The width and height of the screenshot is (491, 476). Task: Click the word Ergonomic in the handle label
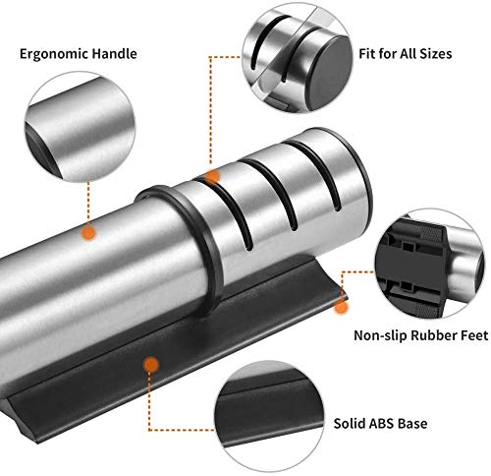click(x=53, y=54)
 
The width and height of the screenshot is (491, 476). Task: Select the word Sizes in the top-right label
click(x=435, y=53)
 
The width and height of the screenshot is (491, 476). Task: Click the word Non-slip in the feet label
click(x=380, y=335)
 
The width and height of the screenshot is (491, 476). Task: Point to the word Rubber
click(x=432, y=335)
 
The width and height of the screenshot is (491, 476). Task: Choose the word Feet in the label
click(x=472, y=335)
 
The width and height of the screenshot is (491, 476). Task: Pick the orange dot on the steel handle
click(x=88, y=233)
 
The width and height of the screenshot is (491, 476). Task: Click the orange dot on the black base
click(x=151, y=364)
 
